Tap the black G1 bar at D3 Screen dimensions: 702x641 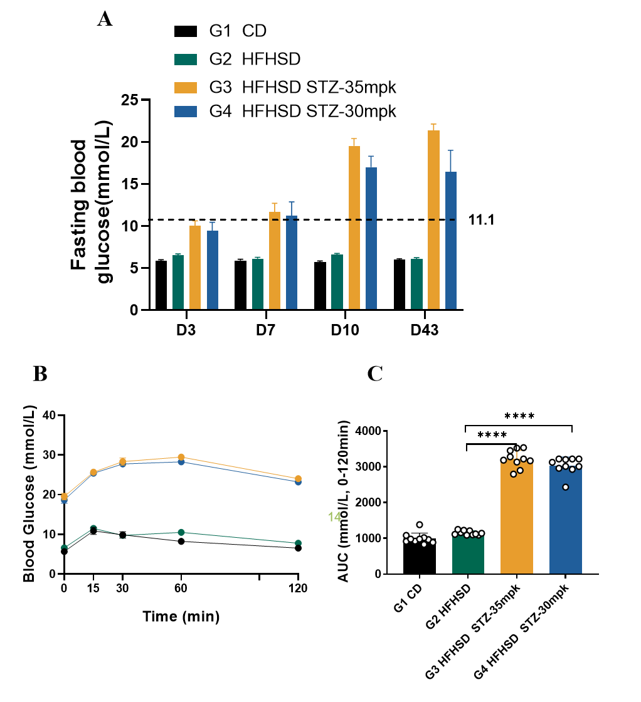pyautogui.click(x=161, y=285)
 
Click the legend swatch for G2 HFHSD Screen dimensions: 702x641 pyautogui.click(x=185, y=60)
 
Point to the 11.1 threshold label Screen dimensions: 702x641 pyautogui.click(x=482, y=220)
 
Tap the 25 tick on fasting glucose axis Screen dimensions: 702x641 pyautogui.click(x=130, y=100)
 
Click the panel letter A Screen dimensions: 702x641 pyautogui.click(x=105, y=19)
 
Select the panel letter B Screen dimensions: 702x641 pyautogui.click(x=40, y=374)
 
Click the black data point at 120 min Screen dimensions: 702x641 pyautogui.click(x=298, y=548)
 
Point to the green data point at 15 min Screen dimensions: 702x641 pyautogui.click(x=93, y=528)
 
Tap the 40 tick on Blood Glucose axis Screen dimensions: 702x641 pyautogui.click(x=50, y=415)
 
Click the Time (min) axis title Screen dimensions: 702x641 pyautogui.click(x=181, y=617)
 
